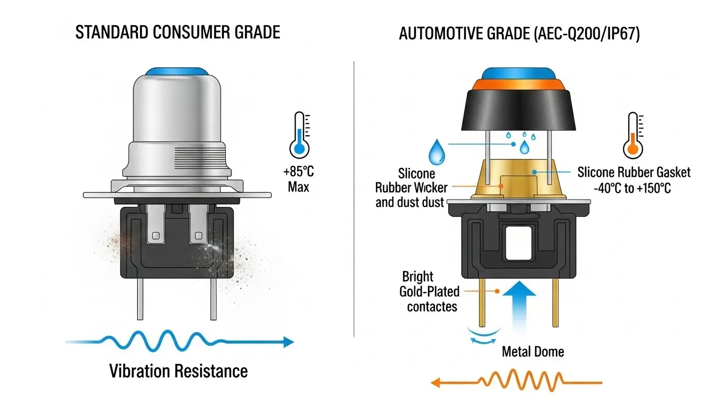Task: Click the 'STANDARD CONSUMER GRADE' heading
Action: pyautogui.click(x=177, y=32)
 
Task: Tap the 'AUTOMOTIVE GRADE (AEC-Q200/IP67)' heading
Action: pyautogui.click(x=520, y=34)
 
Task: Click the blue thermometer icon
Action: pyautogui.click(x=299, y=135)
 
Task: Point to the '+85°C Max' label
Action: pyautogui.click(x=298, y=178)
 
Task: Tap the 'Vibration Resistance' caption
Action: pyautogui.click(x=178, y=371)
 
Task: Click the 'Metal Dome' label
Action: pyautogui.click(x=533, y=352)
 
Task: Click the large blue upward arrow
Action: pyautogui.click(x=520, y=308)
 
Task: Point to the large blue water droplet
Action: pyautogui.click(x=437, y=151)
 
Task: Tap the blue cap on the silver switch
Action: pyautogui.click(x=176, y=71)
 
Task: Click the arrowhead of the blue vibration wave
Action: pyautogui.click(x=288, y=342)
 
